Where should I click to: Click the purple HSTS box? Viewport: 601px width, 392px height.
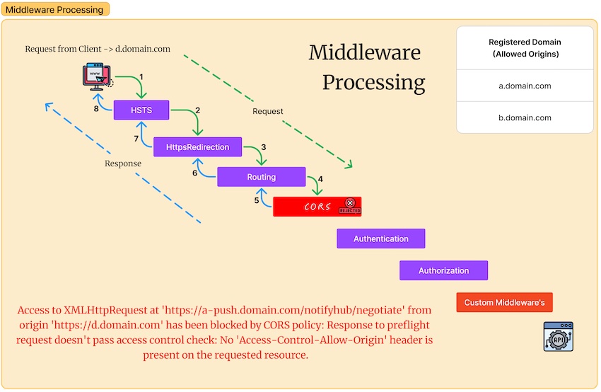142,110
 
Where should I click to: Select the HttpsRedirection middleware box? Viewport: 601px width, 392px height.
197,147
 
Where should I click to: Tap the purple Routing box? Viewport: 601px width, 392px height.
261,177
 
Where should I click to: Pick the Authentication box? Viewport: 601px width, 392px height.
380,238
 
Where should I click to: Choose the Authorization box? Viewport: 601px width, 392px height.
443,270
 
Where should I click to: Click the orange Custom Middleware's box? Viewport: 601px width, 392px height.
504,302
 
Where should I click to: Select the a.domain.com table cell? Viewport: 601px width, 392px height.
525,86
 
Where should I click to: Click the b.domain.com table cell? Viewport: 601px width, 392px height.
525,117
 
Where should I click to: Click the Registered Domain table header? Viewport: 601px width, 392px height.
525,48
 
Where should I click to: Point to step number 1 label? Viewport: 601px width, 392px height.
141,76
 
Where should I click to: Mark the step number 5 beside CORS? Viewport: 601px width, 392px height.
257,200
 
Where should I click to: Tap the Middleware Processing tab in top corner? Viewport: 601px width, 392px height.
54,9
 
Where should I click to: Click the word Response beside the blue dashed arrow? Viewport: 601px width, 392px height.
123,163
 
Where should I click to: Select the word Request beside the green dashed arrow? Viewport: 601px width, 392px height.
268,111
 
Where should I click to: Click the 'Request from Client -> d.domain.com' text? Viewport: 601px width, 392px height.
98,49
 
